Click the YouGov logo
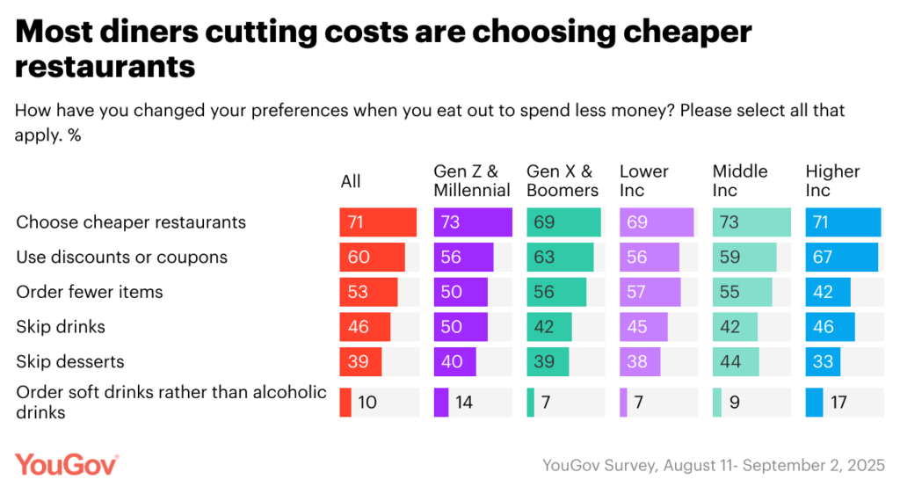click(66, 465)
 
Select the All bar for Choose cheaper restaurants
click(378, 222)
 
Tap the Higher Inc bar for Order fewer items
click(828, 292)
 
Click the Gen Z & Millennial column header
click(472, 180)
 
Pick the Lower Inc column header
click(643, 180)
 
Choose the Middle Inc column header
click(740, 180)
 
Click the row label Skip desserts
click(70, 361)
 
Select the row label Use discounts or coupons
click(121, 257)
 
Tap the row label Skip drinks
click(61, 327)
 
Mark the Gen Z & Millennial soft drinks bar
click(441, 402)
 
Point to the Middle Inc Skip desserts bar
click(733, 361)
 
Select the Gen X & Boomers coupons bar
click(560, 257)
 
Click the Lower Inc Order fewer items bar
click(650, 292)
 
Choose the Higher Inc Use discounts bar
click(841, 257)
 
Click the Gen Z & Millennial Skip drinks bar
click(461, 327)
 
